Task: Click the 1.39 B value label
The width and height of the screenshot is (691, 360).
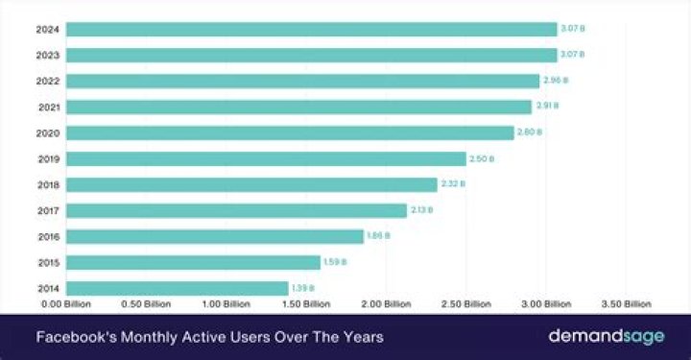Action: click(x=303, y=288)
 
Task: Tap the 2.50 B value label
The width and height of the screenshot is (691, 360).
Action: click(x=481, y=158)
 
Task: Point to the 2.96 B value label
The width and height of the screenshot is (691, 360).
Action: click(x=555, y=81)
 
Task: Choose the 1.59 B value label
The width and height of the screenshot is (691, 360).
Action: click(x=335, y=262)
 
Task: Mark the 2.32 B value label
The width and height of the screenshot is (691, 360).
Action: click(x=452, y=184)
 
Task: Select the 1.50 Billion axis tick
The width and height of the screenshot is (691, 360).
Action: click(x=306, y=304)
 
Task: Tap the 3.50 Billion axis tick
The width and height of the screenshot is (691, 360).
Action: click(x=625, y=304)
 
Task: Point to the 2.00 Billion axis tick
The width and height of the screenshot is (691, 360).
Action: click(x=386, y=304)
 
